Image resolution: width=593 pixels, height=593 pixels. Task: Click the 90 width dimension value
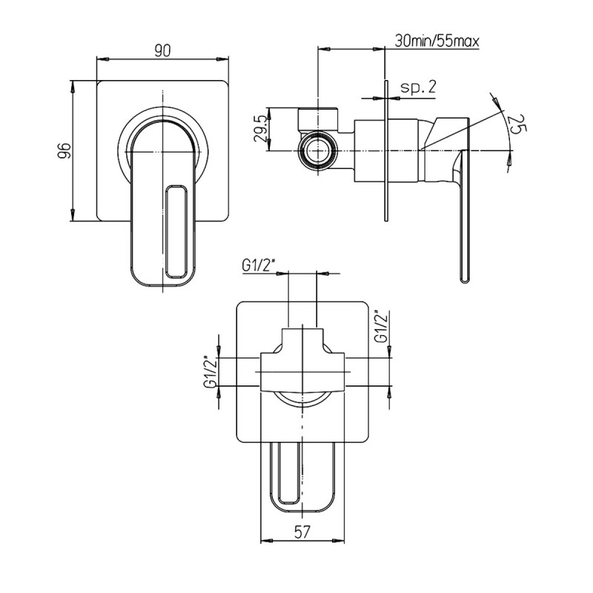[162, 50]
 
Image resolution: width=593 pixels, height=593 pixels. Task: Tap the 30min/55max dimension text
[437, 40]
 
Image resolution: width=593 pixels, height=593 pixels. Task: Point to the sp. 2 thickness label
[418, 87]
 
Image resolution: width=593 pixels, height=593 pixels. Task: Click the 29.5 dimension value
[261, 129]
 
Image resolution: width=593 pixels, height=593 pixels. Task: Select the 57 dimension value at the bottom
[302, 532]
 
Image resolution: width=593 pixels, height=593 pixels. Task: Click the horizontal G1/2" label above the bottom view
[257, 266]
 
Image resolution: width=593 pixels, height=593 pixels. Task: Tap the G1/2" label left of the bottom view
[211, 372]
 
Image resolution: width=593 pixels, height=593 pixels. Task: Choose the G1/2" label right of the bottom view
[382, 327]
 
